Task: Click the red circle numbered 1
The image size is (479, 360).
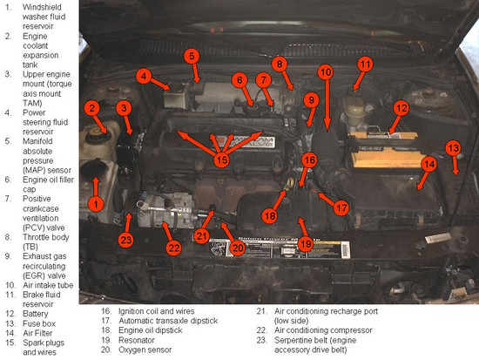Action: [x=97, y=203]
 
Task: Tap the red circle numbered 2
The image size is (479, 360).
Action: [x=91, y=108]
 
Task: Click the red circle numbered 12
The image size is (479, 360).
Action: [x=400, y=108]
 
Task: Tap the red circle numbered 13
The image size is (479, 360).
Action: [x=453, y=148]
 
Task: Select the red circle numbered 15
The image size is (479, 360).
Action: [x=223, y=160]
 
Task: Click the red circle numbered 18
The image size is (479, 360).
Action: [x=270, y=214]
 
